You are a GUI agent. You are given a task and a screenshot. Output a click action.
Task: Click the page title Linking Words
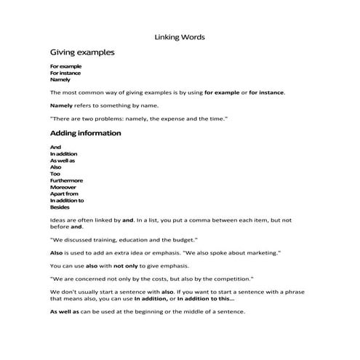(180, 36)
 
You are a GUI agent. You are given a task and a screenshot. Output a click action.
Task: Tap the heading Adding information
(85, 133)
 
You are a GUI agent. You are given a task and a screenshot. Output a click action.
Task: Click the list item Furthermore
(66, 180)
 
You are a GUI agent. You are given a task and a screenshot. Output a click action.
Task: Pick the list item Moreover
(64, 187)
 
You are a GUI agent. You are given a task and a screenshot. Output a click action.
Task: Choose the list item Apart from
(64, 193)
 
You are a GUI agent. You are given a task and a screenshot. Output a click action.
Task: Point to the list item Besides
(60, 207)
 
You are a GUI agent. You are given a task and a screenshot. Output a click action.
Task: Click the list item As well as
(63, 160)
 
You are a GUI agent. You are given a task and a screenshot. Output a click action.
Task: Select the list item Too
(55, 173)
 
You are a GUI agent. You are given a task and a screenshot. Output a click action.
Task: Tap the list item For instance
(65, 73)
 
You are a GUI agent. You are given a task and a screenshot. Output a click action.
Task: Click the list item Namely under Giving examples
(60, 79)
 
